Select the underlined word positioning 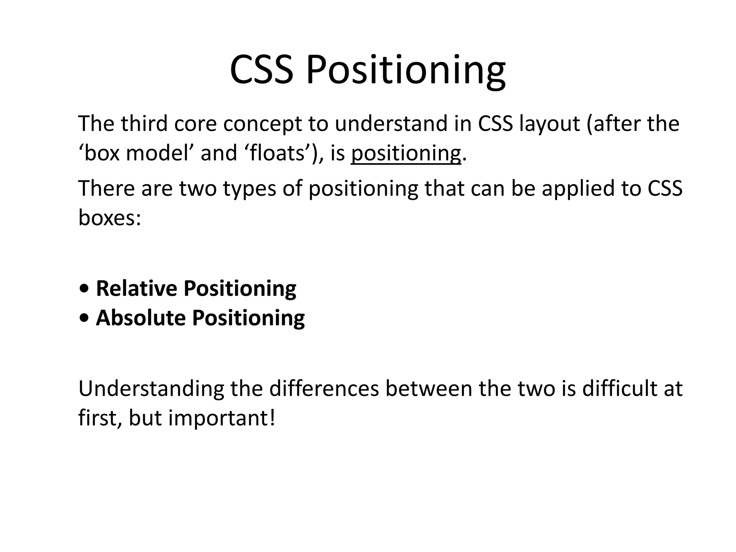click(406, 153)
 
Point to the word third click(144, 123)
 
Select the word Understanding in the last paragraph click(151, 389)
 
